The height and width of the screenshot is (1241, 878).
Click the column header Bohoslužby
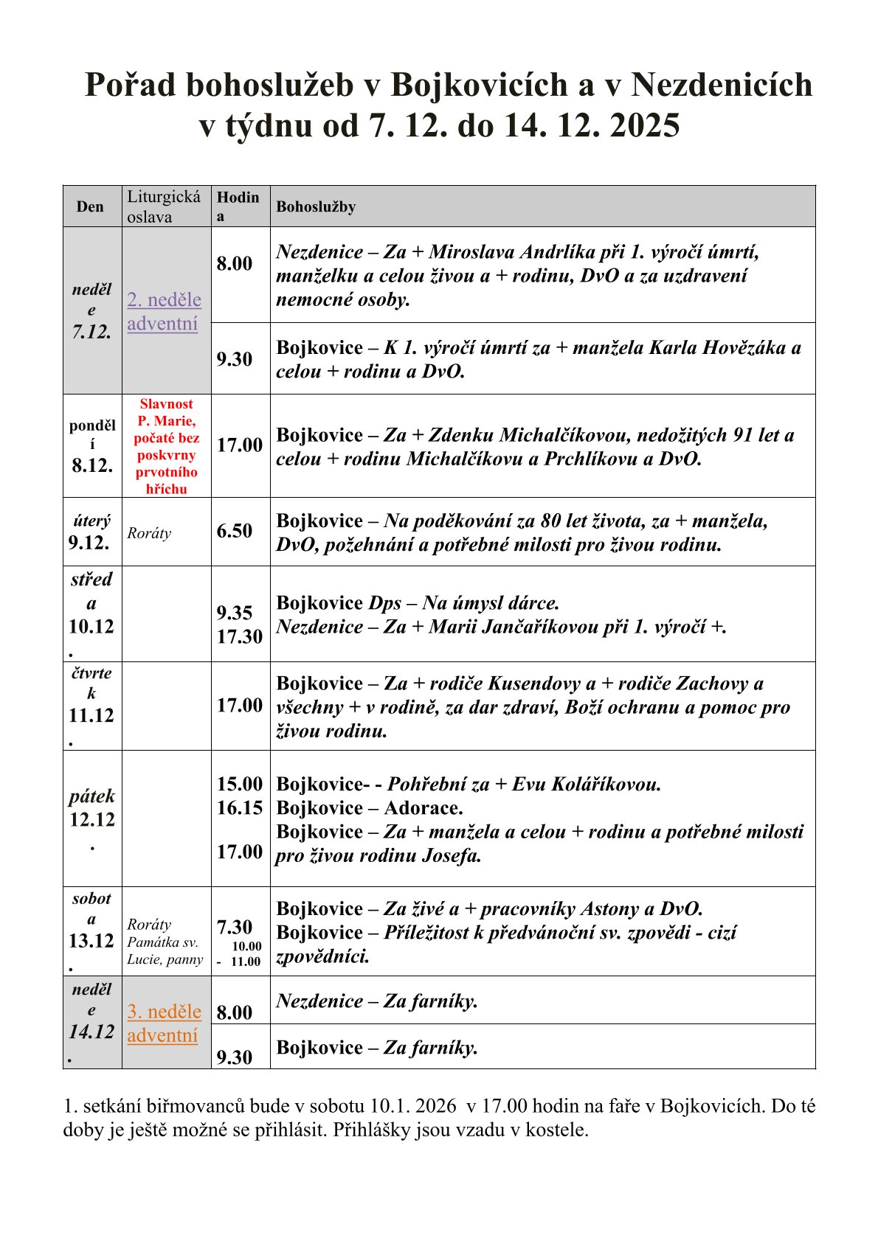click(316, 206)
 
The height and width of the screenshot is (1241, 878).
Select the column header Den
click(90, 206)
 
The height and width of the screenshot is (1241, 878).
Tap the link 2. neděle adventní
click(164, 311)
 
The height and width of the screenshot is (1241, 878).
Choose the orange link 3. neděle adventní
click(164, 1023)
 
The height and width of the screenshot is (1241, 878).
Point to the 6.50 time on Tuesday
click(235, 531)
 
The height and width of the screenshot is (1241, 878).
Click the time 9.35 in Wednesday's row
click(235, 613)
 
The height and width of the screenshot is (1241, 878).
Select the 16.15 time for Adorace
click(240, 807)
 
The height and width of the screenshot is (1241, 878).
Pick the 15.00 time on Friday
click(240, 784)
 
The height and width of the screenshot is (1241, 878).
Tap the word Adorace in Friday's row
click(424, 808)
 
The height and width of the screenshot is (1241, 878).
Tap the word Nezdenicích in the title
click(722, 85)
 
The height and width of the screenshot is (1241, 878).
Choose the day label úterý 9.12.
click(90, 532)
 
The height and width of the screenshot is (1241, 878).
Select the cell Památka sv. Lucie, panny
click(165, 950)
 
